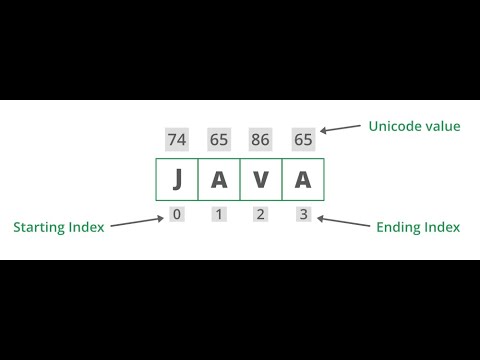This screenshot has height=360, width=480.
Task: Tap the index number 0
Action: (x=177, y=214)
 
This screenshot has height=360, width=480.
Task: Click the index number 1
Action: (x=219, y=214)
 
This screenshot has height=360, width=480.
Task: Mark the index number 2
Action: (x=261, y=214)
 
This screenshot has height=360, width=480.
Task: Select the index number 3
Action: (x=302, y=214)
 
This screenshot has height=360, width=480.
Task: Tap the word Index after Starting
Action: (x=86, y=227)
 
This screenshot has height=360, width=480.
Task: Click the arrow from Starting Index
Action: (x=136, y=221)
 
